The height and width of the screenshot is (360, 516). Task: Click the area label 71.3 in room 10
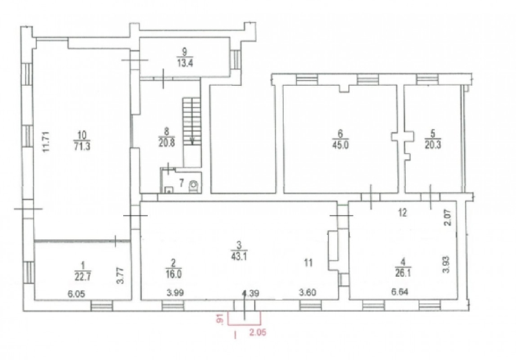[x=83, y=146]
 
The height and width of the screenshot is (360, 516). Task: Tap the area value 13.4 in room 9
[x=185, y=63]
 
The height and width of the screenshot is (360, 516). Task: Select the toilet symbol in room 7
[x=193, y=186]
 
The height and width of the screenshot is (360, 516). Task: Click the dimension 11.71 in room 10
[x=46, y=141]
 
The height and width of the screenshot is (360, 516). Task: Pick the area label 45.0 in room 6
[x=341, y=145]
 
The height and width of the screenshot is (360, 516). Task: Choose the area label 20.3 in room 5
[x=433, y=145]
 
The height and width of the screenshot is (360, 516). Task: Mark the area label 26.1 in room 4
[x=402, y=273]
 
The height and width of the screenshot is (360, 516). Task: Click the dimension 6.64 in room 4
[x=400, y=292]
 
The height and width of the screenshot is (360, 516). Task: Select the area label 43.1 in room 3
[x=239, y=255]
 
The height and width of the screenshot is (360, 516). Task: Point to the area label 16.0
[x=174, y=274]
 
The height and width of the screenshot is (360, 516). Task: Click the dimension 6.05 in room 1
[x=76, y=294]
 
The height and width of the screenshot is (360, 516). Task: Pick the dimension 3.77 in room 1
[x=121, y=275]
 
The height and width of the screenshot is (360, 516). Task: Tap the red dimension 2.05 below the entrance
[x=257, y=333]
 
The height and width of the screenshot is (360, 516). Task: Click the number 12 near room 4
[x=402, y=212]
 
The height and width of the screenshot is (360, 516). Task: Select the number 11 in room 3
[x=308, y=263]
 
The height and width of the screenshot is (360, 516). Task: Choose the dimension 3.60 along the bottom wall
[x=308, y=292]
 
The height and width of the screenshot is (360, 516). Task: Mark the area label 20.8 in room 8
[x=166, y=143]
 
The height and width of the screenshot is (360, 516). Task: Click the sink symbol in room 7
[x=168, y=190]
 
